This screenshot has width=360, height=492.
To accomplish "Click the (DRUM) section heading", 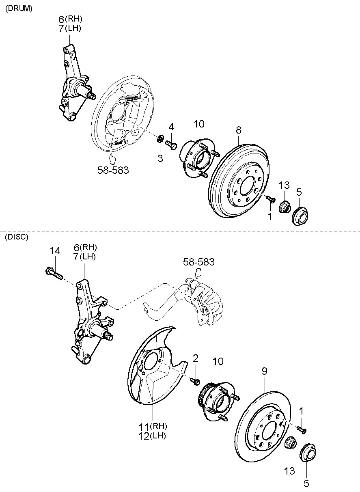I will coord(18,9).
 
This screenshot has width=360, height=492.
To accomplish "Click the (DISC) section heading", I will coord(17,237).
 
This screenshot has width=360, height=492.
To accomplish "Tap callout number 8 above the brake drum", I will coord(238,130).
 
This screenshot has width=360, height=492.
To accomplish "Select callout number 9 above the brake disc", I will coord(264,371).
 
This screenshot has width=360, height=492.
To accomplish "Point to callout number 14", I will coord(55,251).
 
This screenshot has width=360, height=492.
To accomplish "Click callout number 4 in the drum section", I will coord(171,127).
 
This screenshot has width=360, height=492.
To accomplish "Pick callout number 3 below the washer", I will coord(160,158).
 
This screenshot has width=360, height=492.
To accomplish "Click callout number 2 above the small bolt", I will coord(196,358).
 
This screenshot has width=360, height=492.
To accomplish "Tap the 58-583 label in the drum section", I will coord(113,170).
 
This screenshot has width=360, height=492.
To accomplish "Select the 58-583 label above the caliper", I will coord(198,262).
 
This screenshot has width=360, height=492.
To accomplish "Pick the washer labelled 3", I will coord(160,140).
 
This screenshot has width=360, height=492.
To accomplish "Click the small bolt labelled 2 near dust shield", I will coord(195,381).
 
